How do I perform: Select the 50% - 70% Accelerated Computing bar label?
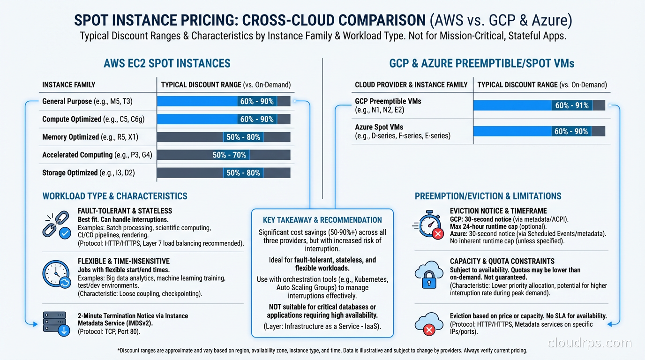click(x=229, y=155)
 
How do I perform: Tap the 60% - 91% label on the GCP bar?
click(x=572, y=105)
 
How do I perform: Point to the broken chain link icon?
click(x=56, y=224)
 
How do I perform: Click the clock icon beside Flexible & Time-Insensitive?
click(x=56, y=273)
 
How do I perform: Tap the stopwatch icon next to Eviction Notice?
click(x=429, y=224)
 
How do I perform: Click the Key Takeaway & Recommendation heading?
click(x=322, y=220)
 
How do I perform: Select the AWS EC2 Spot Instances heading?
click(x=167, y=63)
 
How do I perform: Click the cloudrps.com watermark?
click(x=590, y=343)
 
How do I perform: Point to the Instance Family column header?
click(x=69, y=85)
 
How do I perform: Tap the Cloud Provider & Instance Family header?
click(x=411, y=85)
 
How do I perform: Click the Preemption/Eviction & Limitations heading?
click(x=488, y=196)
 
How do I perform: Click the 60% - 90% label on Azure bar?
click(x=571, y=131)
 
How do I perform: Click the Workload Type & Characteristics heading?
click(x=115, y=196)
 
